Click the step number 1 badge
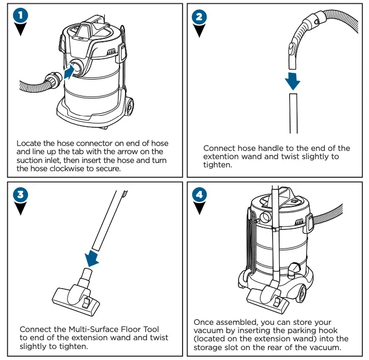pos(20,16)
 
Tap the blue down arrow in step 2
pos(293,81)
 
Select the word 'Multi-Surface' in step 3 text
pos(90,329)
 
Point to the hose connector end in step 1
pos(53,80)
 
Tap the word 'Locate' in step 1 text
pos(29,143)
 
